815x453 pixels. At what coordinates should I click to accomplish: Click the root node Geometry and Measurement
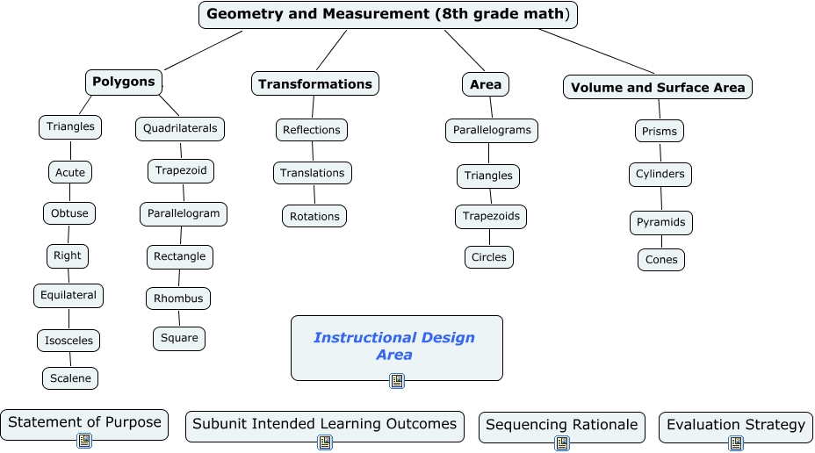pos(388,14)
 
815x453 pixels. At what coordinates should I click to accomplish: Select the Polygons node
pos(124,82)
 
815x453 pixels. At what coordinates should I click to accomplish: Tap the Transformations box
pos(315,83)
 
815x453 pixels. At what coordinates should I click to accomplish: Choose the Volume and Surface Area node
pos(657,87)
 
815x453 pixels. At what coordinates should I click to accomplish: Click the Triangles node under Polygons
pos(70,126)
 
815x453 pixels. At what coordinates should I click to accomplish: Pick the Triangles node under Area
pos(488,176)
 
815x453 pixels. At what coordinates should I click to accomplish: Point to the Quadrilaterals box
pos(180,128)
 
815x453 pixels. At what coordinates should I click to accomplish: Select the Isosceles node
pos(69,340)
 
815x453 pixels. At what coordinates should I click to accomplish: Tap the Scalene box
pos(70,377)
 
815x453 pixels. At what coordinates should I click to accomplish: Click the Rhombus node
pos(178,298)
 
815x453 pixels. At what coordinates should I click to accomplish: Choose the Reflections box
pos(312,130)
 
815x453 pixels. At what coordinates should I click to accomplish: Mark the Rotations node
pos(314,216)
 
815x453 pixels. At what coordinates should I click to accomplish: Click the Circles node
pos(489,257)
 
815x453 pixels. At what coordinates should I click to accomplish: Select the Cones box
pos(661,260)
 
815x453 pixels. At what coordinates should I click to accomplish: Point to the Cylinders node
pos(660,174)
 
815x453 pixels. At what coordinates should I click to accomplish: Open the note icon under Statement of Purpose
pos(84,441)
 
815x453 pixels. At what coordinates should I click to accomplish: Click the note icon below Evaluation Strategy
pos(736,443)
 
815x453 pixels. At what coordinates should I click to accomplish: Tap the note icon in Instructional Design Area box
pos(397,380)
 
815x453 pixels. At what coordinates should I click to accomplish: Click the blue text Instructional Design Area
pos(394,346)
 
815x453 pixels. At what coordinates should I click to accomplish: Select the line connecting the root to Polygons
pos(203,50)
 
